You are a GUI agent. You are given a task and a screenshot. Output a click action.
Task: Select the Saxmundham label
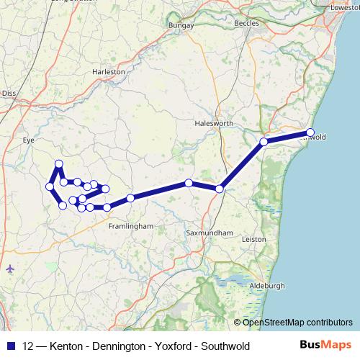(209, 233)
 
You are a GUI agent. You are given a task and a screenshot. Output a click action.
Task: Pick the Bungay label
(181, 26)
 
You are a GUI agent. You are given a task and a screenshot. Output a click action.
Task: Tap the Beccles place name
(246, 23)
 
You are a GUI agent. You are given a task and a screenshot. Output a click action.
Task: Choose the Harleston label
(109, 72)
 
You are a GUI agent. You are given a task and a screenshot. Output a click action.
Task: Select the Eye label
(29, 140)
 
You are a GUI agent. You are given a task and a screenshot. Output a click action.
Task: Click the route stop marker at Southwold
(310, 132)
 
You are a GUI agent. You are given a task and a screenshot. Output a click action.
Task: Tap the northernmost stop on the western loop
(59, 164)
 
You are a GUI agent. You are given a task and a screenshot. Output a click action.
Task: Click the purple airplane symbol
(9, 269)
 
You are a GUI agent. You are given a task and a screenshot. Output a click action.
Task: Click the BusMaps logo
(323, 346)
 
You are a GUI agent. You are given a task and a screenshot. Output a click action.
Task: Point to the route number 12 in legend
(28, 346)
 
